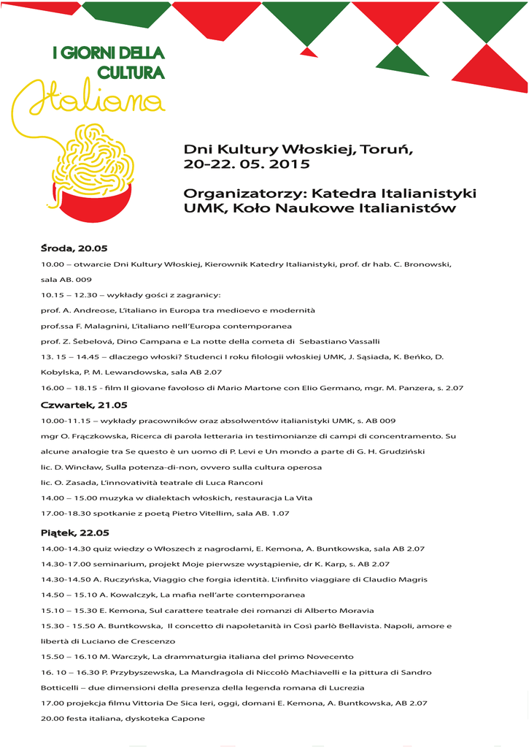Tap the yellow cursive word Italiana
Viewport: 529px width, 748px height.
click(88, 103)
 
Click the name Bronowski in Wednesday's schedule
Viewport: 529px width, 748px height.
click(428, 264)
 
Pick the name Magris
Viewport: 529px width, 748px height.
click(412, 579)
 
